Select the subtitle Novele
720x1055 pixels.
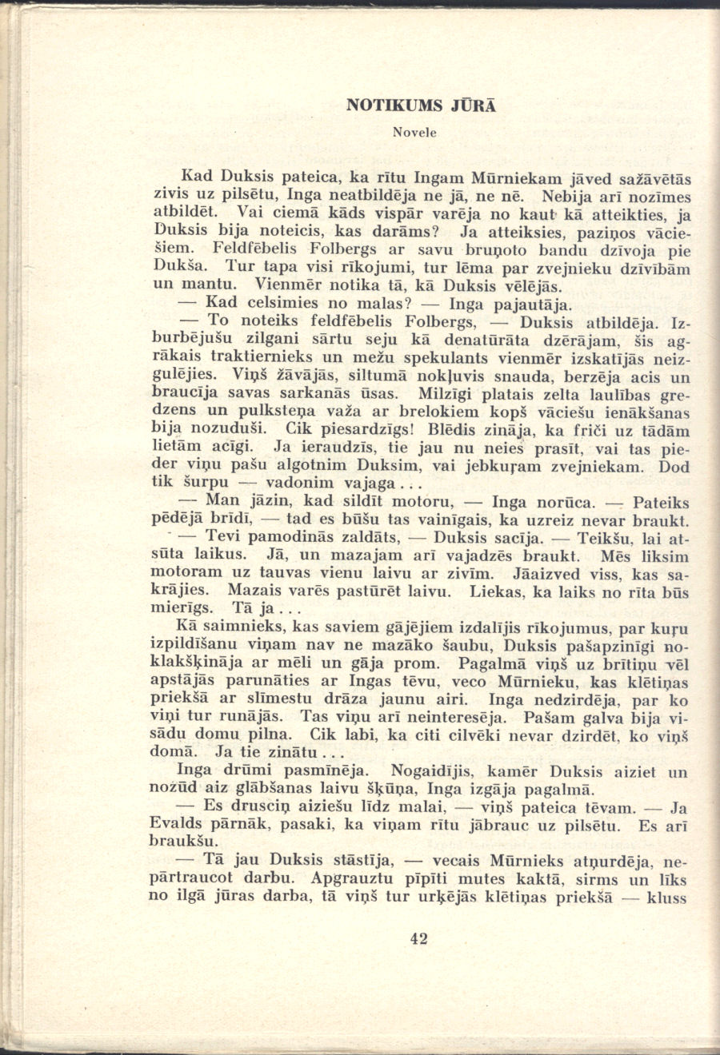(x=414, y=132)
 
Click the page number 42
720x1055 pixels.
(x=418, y=939)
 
